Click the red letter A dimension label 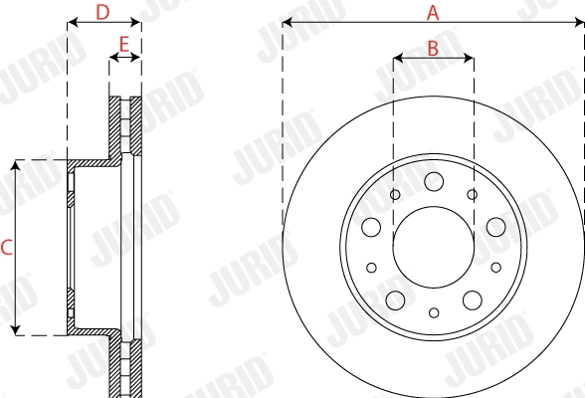(433, 12)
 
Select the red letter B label (433, 46)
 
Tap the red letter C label (6, 247)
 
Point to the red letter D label (102, 12)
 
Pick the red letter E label (124, 44)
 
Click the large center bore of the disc (433, 246)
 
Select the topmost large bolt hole (433, 181)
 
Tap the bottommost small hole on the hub (433, 312)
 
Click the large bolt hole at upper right (495, 226)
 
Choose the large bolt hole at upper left (371, 226)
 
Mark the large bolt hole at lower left (394, 299)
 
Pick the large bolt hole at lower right (473, 299)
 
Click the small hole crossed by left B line (394, 194)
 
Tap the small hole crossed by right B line (473, 194)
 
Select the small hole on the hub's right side (496, 267)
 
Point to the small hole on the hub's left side (370, 267)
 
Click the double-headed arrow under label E (124, 59)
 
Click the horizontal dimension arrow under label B (433, 60)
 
